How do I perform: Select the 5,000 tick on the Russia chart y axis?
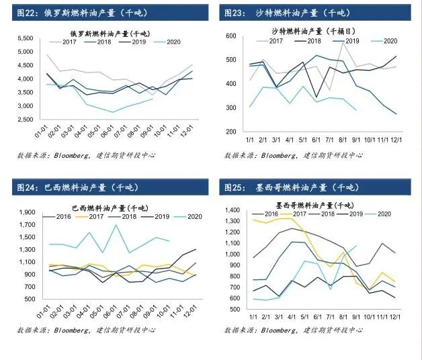26,52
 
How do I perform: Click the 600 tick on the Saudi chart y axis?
232,36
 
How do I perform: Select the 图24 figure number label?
27,187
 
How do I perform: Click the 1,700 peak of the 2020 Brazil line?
116,225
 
